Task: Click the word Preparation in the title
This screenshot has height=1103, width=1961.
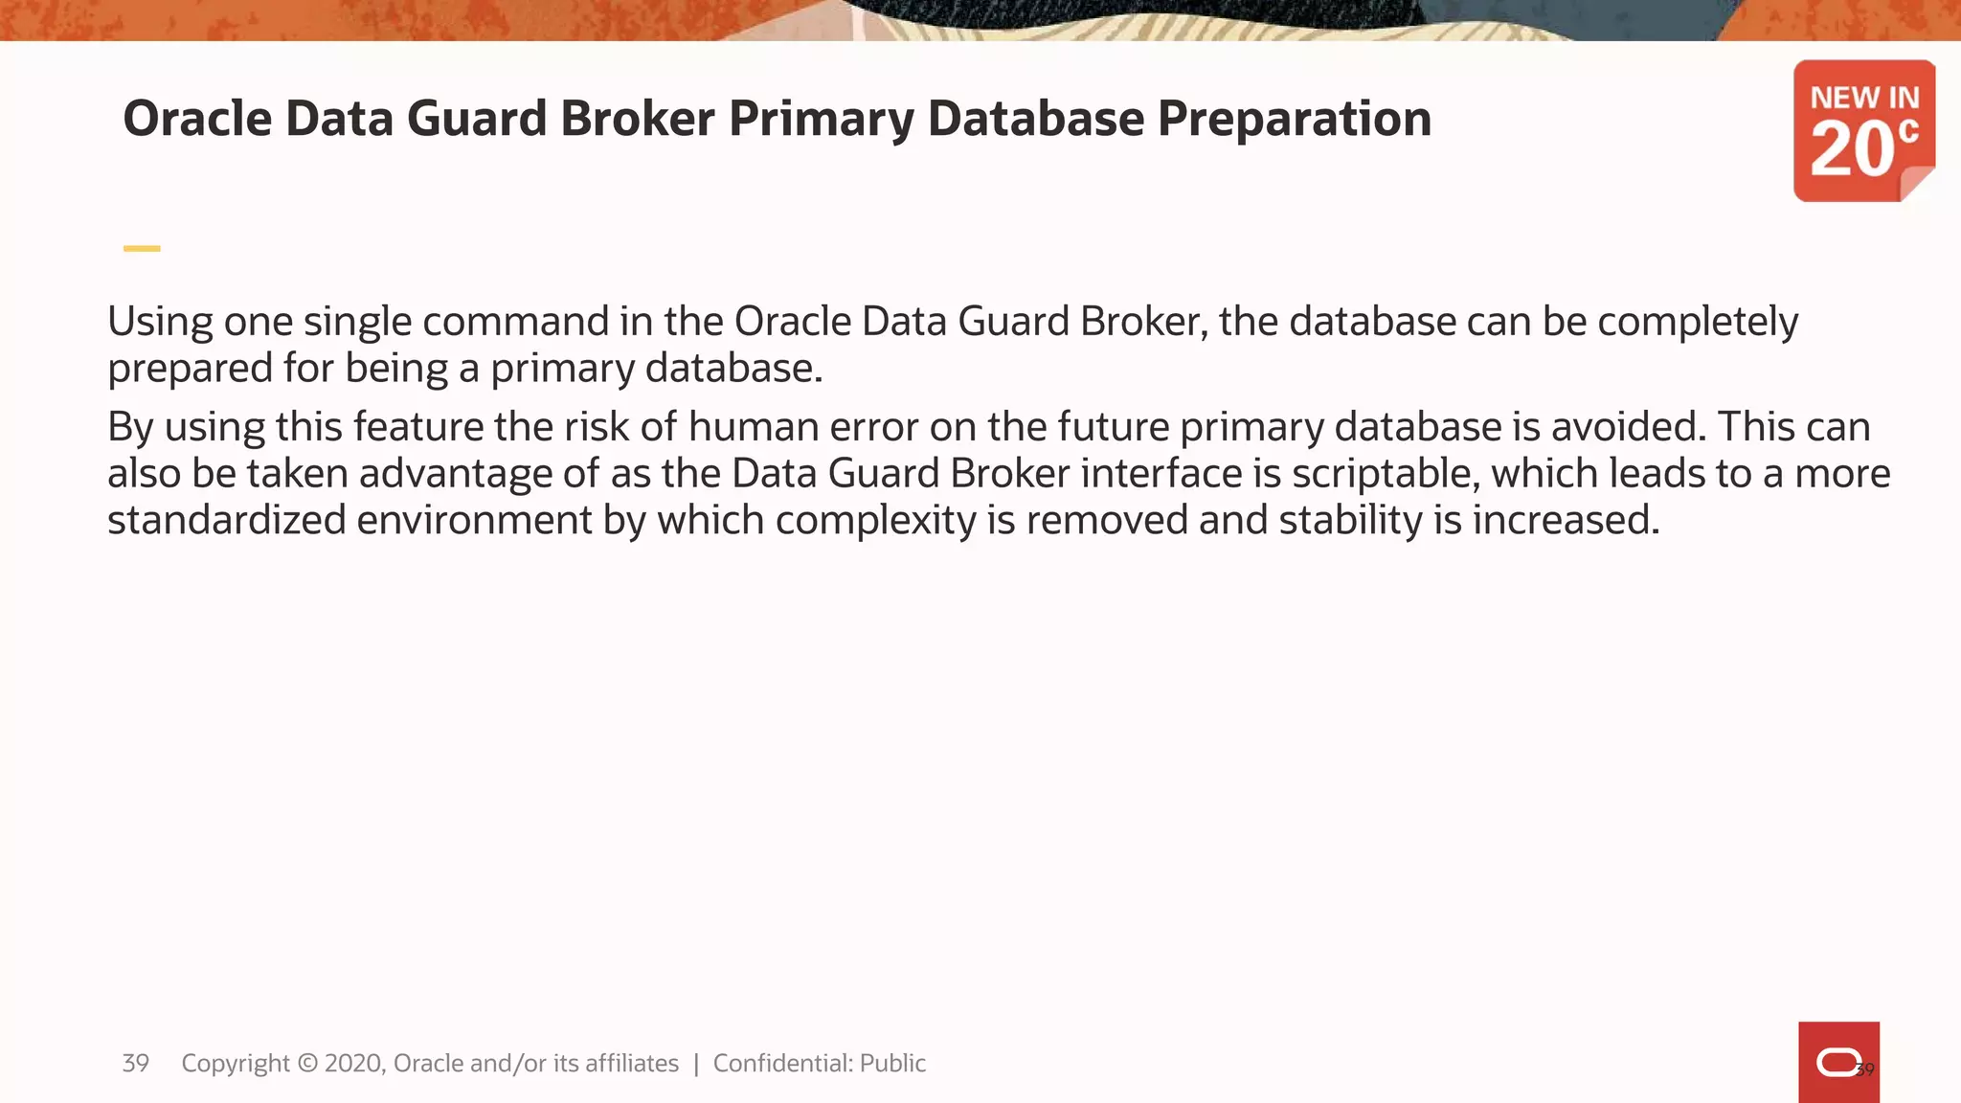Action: (x=1294, y=120)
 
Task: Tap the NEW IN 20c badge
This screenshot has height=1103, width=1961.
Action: (x=1863, y=130)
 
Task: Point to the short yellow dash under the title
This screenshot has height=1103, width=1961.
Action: (x=142, y=249)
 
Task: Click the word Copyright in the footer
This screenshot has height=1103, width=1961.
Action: (x=236, y=1064)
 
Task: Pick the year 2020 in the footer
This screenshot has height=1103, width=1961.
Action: (x=353, y=1064)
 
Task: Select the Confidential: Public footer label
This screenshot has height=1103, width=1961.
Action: (x=819, y=1064)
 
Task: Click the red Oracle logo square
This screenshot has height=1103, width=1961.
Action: (x=1838, y=1062)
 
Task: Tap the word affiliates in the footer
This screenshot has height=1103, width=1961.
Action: (x=631, y=1064)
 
